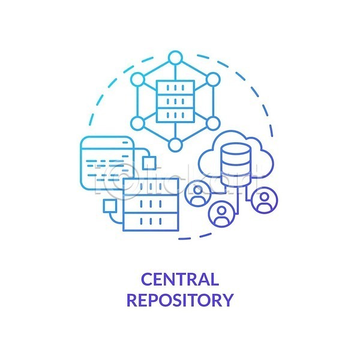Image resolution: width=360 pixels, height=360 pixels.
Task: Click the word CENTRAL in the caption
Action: tap(180, 279)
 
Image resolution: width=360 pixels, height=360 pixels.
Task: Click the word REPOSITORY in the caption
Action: tap(180, 300)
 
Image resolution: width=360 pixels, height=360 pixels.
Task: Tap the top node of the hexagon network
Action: tap(175, 58)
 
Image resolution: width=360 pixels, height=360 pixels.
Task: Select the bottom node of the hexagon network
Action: tap(175, 145)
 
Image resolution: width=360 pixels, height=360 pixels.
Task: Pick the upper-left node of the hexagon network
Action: tap(137, 79)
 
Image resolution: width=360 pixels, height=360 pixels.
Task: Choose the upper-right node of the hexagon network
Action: tap(213, 79)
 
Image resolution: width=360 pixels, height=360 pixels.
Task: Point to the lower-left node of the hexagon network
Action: tap(137, 123)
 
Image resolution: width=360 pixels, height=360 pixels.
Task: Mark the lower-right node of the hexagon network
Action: tap(213, 123)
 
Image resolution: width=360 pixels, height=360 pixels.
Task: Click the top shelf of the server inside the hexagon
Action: tap(175, 88)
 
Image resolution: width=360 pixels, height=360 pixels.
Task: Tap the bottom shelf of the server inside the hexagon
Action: tap(175, 115)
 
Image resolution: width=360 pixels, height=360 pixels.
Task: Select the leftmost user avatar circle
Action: tap(197, 193)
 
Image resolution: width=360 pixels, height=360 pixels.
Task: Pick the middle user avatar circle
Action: tap(221, 213)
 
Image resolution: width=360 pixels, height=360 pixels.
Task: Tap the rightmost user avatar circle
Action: tap(264, 200)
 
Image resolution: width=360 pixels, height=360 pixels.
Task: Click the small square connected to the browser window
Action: tap(149, 163)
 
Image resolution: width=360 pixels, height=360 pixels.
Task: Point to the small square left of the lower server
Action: tap(110, 206)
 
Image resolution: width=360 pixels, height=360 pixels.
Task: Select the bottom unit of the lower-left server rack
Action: tap(151, 222)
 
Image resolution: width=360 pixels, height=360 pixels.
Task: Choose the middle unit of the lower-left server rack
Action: tap(151, 204)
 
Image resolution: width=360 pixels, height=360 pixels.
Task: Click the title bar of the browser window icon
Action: tap(107, 143)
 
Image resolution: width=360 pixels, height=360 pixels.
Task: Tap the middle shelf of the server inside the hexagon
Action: tap(175, 101)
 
